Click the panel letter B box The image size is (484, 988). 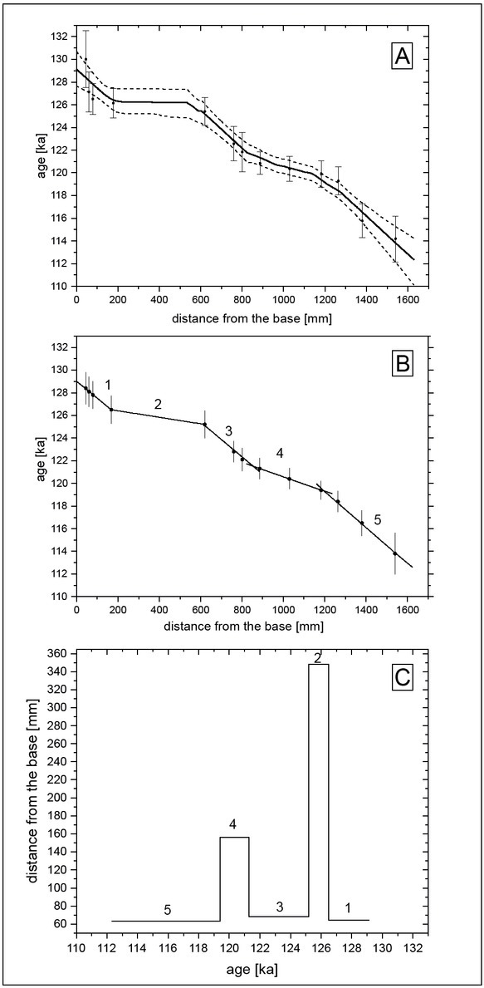pos(402,366)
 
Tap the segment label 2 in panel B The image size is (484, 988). pos(159,404)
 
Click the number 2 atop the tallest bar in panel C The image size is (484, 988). pos(319,658)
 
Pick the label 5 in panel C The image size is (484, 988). pos(168,909)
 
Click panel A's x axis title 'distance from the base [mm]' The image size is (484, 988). pos(251,318)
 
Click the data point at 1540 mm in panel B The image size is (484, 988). pos(395,553)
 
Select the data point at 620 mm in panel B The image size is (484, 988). pos(204,424)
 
